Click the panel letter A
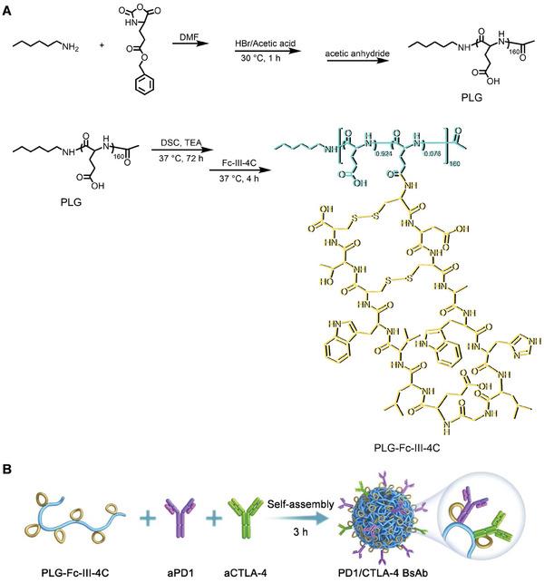pyautogui.click(x=7, y=7)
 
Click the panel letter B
pyautogui.click(x=7, y=471)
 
